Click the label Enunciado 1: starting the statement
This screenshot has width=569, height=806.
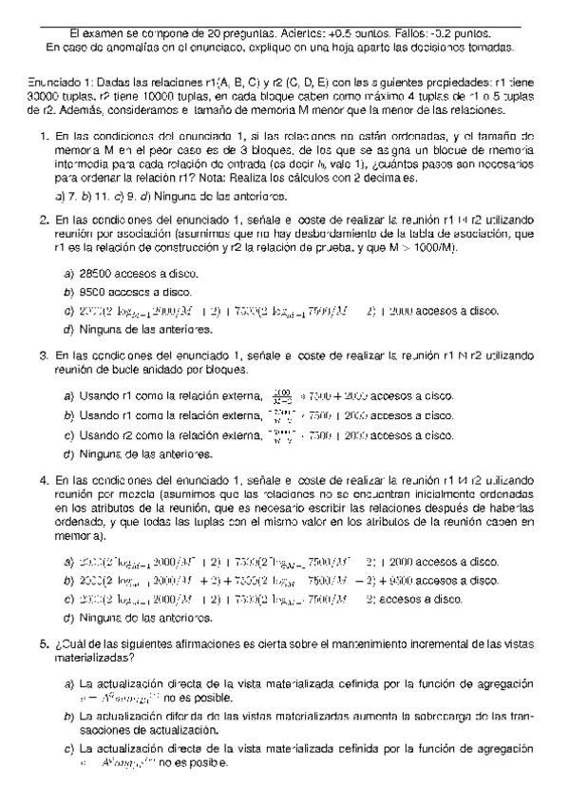55,83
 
